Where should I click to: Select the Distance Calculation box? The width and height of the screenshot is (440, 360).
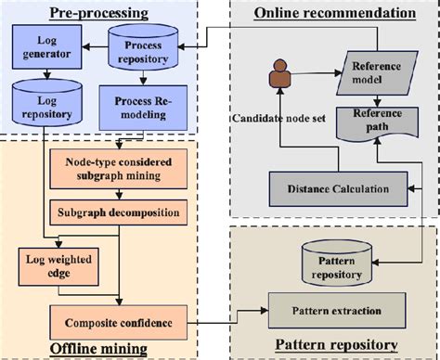point(340,188)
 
